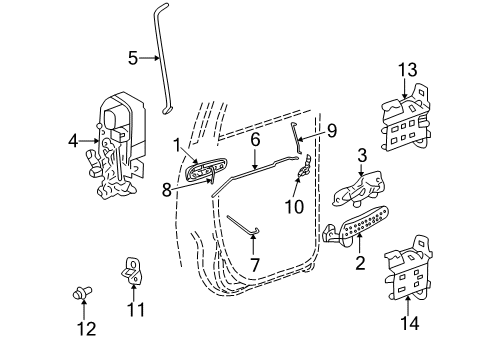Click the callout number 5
[133, 57]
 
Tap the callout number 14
[406, 323]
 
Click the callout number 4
[73, 142]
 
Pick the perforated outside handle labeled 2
[356, 232]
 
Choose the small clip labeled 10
[302, 178]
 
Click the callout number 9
[331, 129]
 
